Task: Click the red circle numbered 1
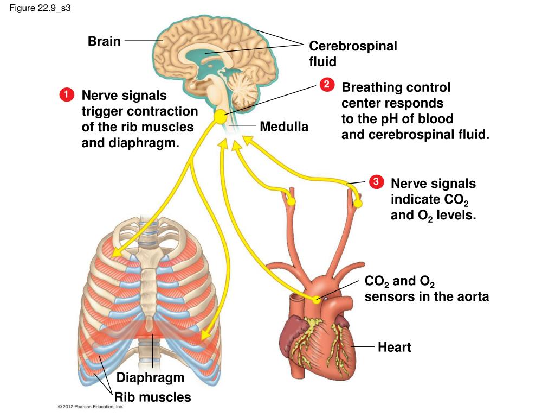click(67, 94)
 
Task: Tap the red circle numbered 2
click(327, 84)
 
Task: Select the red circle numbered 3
click(376, 181)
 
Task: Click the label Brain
click(104, 41)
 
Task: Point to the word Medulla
click(284, 127)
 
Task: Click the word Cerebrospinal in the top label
click(353, 46)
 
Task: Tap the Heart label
click(395, 347)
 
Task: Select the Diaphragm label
click(151, 378)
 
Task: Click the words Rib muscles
click(152, 397)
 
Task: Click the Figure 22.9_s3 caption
click(40, 8)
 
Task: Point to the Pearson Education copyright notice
click(91, 407)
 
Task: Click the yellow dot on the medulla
click(221, 117)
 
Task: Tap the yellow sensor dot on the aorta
click(316, 300)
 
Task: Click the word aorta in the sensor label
click(473, 296)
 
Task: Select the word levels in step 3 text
click(456, 215)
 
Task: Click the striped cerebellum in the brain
click(243, 88)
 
